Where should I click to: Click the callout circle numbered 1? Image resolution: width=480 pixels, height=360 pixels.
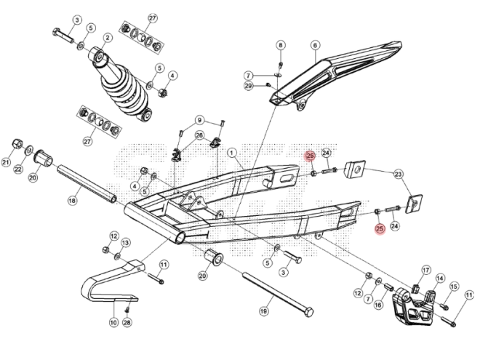[x=233, y=153]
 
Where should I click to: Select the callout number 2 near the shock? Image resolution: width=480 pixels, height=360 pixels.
[x=107, y=38]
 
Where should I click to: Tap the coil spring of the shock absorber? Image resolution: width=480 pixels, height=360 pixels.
[x=121, y=93]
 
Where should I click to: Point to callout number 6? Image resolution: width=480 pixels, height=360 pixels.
[x=315, y=45]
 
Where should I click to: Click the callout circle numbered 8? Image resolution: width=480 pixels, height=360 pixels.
[x=281, y=45]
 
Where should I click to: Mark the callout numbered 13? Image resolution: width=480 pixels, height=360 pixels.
[x=125, y=242]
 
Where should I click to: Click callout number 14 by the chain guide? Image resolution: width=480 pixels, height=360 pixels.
[x=439, y=279]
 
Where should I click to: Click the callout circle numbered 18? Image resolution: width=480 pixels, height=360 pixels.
[x=73, y=199]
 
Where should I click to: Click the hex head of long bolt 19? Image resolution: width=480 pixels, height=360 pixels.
[x=308, y=312]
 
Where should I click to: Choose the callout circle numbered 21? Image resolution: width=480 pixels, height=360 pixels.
[x=7, y=162]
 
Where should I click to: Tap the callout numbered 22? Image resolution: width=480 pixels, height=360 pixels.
[x=18, y=169]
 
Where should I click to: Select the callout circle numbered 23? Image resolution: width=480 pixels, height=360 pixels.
[x=398, y=175]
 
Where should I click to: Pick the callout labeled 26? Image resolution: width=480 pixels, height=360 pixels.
[x=199, y=135]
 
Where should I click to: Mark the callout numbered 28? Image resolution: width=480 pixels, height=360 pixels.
[x=127, y=322]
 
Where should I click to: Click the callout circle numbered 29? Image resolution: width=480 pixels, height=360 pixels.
[x=248, y=87]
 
